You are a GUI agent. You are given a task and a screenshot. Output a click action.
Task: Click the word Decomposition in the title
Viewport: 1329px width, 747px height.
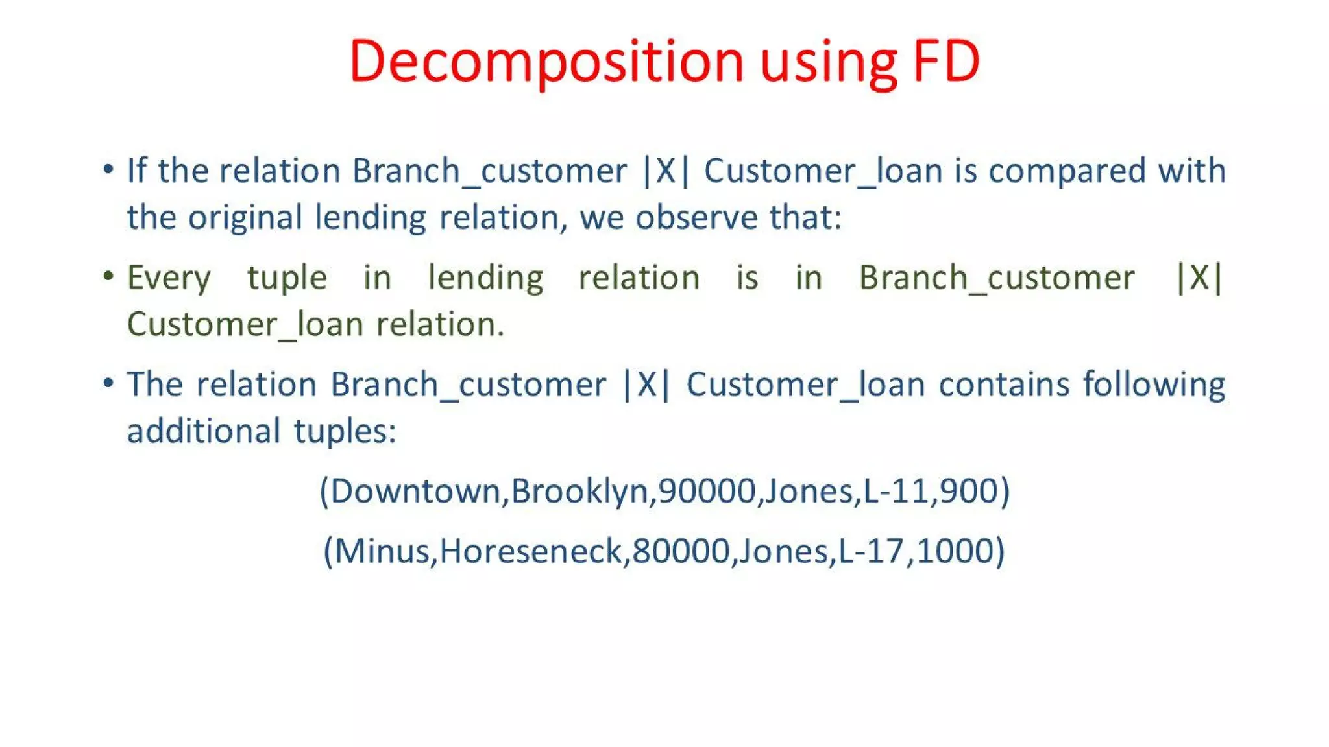pyautogui.click(x=545, y=62)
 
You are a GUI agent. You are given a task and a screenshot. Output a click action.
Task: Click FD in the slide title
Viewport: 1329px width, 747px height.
pyautogui.click(x=946, y=62)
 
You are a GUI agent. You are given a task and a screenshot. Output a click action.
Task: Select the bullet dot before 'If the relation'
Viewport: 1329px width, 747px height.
pyautogui.click(x=108, y=170)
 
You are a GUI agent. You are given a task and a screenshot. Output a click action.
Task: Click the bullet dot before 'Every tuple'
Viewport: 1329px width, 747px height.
pyautogui.click(x=108, y=277)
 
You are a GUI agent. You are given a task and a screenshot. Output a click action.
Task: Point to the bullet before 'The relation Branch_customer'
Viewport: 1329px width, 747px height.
pyautogui.click(x=108, y=383)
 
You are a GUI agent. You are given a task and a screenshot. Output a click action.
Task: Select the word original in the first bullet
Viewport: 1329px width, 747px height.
pyautogui.click(x=245, y=218)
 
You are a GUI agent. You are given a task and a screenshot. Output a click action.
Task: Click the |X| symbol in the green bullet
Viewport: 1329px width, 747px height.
pyautogui.click(x=1199, y=278)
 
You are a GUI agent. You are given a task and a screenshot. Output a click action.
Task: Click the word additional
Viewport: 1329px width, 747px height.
pyautogui.click(x=204, y=431)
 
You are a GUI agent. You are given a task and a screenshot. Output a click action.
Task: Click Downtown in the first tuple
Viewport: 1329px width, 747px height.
pyautogui.click(x=415, y=491)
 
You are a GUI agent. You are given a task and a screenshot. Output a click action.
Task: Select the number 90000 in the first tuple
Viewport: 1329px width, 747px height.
pyautogui.click(x=707, y=491)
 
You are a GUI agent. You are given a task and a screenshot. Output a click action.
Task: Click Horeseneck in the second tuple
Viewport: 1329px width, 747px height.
pyautogui.click(x=530, y=551)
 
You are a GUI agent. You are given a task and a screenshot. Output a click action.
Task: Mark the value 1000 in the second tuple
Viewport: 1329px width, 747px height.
pyautogui.click(x=955, y=551)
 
